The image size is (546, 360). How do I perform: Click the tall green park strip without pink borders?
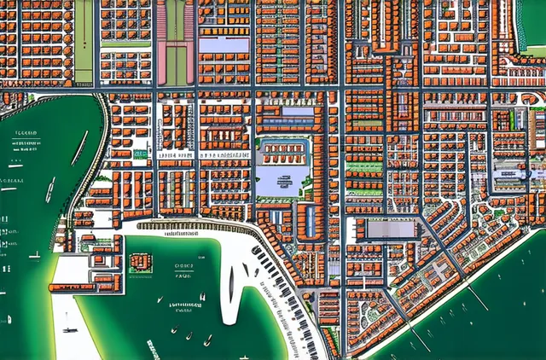pyautogui.click(x=84, y=41)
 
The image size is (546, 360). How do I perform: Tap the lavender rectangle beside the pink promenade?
pyautogui.click(x=224, y=44)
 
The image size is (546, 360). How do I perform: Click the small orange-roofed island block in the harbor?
pyautogui.click(x=142, y=262)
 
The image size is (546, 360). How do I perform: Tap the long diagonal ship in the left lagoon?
pyautogui.click(x=79, y=148)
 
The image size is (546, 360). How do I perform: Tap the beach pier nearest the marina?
pyautogui.click(x=418, y=336)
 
